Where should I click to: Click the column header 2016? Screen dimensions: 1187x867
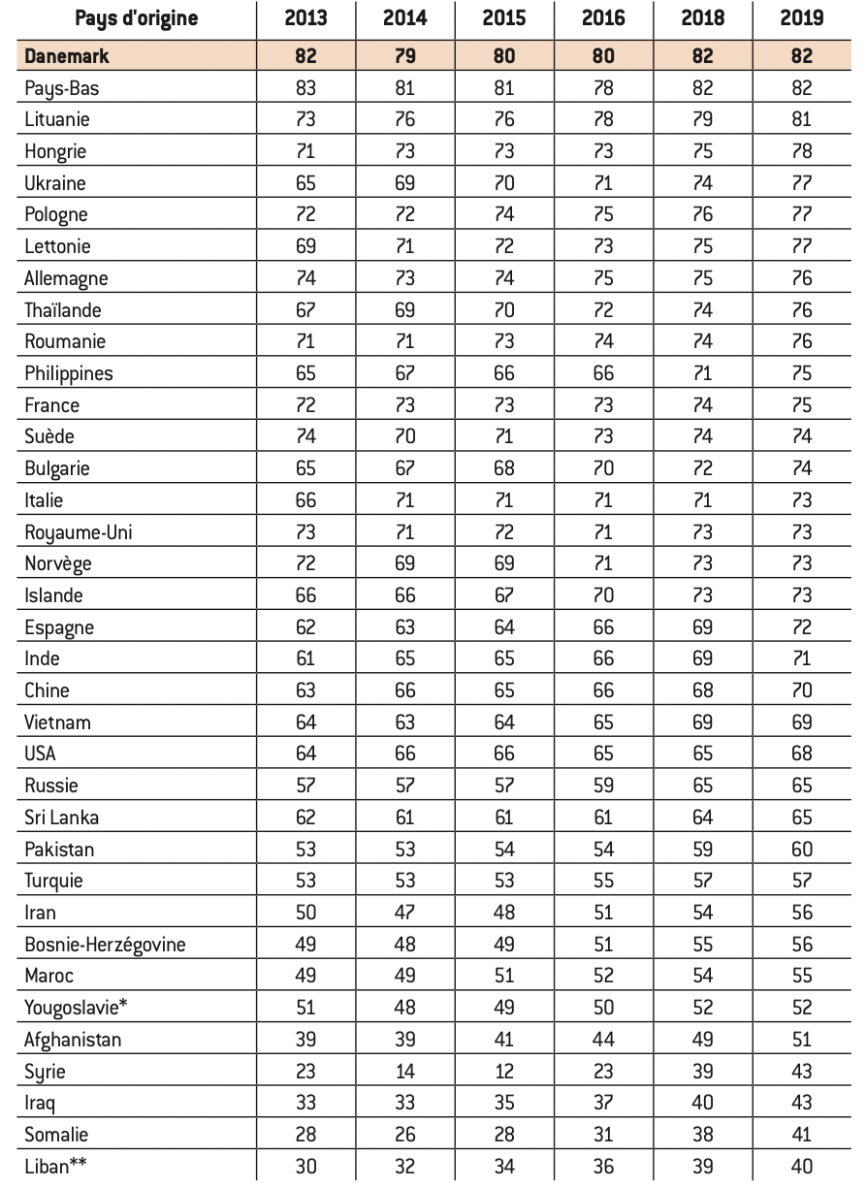point(603,18)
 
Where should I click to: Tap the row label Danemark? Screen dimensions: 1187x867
point(67,56)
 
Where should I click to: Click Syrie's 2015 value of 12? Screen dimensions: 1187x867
point(504,1072)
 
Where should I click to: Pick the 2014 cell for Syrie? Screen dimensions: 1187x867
point(404,1072)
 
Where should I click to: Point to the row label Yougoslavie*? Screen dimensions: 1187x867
point(77,1008)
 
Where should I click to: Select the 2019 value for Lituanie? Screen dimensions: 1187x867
point(801,119)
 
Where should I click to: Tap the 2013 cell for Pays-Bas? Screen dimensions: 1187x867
point(305,88)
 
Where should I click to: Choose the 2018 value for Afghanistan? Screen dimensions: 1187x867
point(702,1040)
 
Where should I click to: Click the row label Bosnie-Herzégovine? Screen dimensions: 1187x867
point(105,944)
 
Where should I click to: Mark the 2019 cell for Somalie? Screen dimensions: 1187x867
point(801,1135)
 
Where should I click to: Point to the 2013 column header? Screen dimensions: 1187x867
point(305,18)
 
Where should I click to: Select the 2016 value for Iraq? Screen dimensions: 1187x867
point(603,1103)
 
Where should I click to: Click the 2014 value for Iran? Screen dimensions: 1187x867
point(404,913)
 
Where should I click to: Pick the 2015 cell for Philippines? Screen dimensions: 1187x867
point(504,373)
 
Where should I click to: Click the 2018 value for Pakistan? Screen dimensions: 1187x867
point(702,849)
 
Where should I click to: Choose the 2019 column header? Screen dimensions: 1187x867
point(801,18)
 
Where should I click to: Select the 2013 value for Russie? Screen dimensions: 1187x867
point(305,786)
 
